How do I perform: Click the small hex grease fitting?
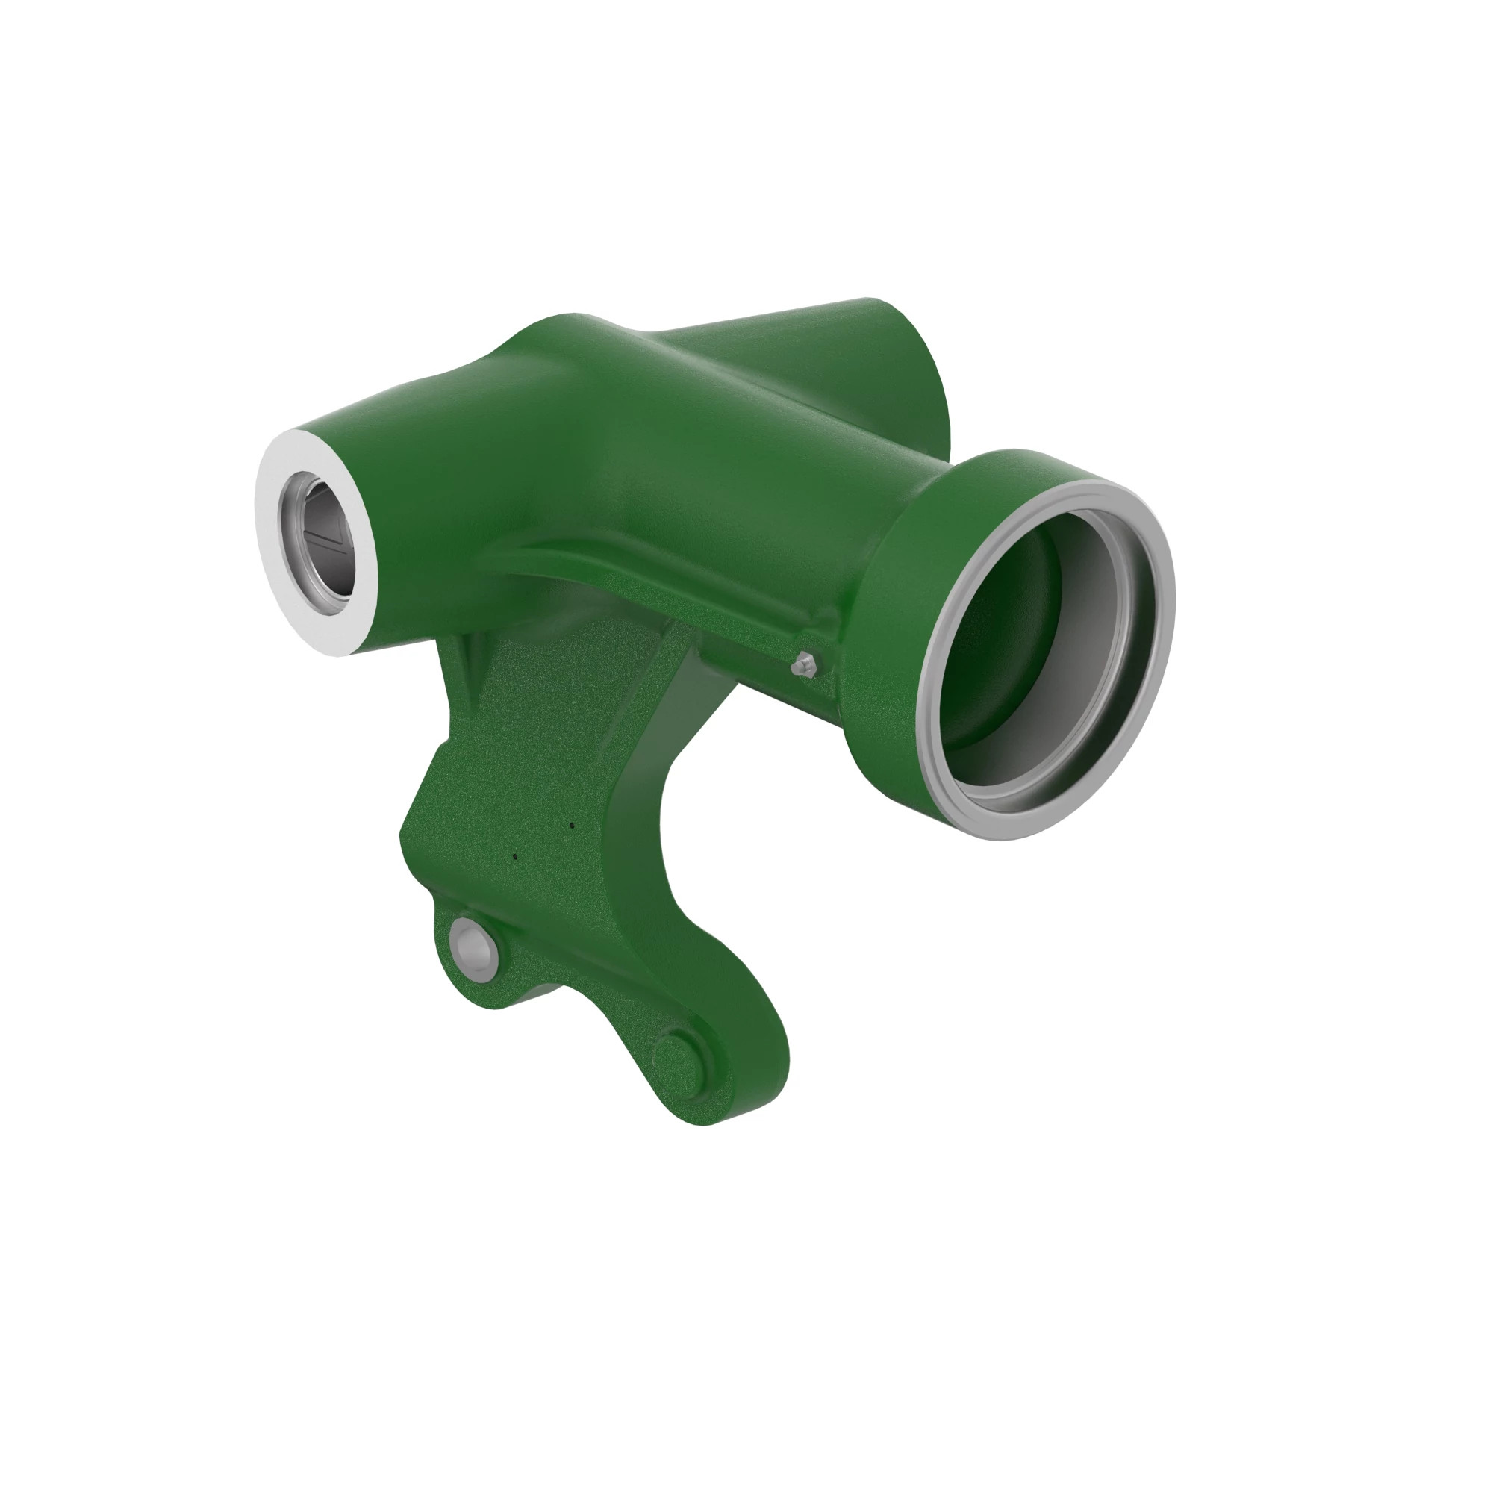coord(805,663)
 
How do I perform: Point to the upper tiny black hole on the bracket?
coord(571,825)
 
